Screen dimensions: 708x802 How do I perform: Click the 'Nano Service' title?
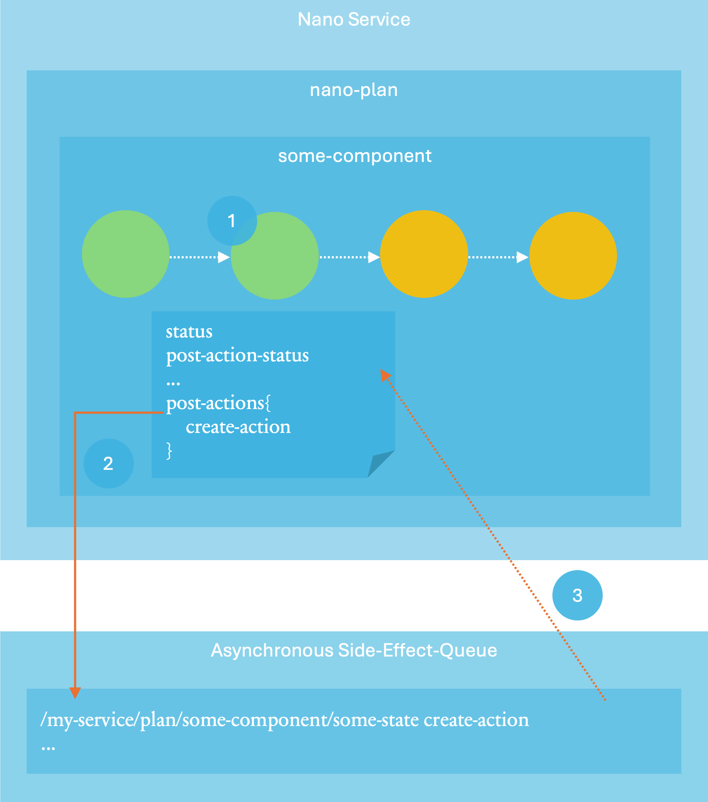click(354, 20)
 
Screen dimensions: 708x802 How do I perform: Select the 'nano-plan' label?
click(354, 90)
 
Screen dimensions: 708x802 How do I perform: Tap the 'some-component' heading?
click(355, 156)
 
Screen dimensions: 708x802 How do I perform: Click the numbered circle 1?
click(232, 221)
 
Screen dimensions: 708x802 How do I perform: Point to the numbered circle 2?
click(109, 463)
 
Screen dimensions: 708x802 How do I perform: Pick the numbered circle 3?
click(577, 595)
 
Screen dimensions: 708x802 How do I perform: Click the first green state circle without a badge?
click(125, 254)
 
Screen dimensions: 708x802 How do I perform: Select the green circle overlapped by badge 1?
click(274, 256)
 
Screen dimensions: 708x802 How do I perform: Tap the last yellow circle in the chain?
click(573, 256)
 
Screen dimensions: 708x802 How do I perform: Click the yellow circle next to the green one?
click(424, 254)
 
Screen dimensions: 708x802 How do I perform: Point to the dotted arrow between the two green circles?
click(200, 257)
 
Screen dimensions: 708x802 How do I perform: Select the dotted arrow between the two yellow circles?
click(498, 257)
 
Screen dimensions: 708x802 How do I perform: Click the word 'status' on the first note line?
click(189, 332)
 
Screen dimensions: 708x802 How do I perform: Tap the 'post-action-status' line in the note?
click(237, 356)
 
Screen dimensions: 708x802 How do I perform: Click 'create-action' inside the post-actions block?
click(238, 427)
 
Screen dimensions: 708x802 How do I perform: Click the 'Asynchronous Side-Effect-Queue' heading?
click(354, 650)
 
